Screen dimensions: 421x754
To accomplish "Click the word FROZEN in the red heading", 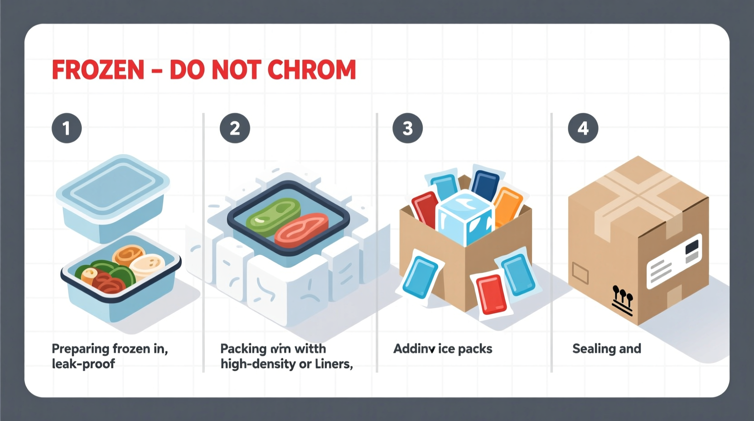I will click(98, 70).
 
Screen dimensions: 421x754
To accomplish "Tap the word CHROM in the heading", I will click(311, 70).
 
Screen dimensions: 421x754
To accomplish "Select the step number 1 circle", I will click(67, 128).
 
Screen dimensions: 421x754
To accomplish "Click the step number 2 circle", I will click(235, 128).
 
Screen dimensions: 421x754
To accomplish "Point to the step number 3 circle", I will click(407, 128).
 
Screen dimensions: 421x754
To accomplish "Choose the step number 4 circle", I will click(583, 128).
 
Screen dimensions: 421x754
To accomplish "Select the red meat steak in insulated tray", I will click(302, 229).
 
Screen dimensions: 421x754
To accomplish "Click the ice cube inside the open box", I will click(464, 217).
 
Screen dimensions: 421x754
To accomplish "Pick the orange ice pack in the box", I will click(507, 206).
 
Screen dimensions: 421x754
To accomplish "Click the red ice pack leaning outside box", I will click(492, 294).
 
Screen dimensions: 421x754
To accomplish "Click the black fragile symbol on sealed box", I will click(623, 299).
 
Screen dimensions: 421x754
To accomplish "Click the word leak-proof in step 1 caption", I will click(83, 364).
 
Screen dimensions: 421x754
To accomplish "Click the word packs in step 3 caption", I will click(475, 349).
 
